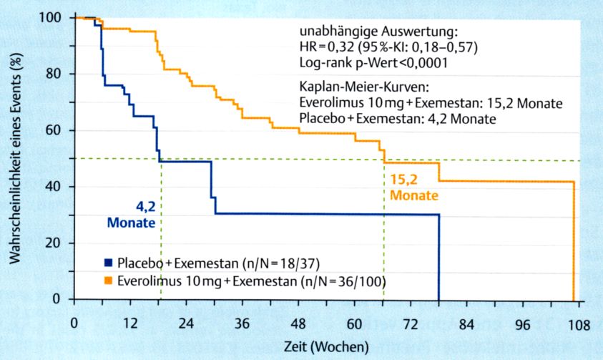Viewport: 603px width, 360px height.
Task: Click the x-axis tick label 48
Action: click(x=298, y=323)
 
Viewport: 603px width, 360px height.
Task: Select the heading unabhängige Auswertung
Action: click(x=377, y=32)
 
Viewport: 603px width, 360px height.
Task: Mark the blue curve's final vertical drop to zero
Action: click(x=438, y=258)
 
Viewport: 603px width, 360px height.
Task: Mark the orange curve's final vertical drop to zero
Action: click(x=573, y=243)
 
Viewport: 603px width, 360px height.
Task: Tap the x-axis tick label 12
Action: click(x=130, y=323)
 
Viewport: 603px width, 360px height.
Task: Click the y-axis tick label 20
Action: click(x=56, y=243)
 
